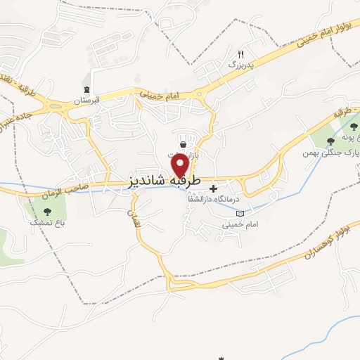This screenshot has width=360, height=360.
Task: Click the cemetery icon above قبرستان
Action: click(86, 89)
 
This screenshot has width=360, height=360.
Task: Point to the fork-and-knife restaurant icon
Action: click(240, 53)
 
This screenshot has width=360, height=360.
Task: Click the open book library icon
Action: click(240, 213)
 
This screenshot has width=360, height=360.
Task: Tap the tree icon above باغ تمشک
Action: click(47, 210)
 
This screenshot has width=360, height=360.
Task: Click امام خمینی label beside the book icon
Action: click(236, 225)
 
